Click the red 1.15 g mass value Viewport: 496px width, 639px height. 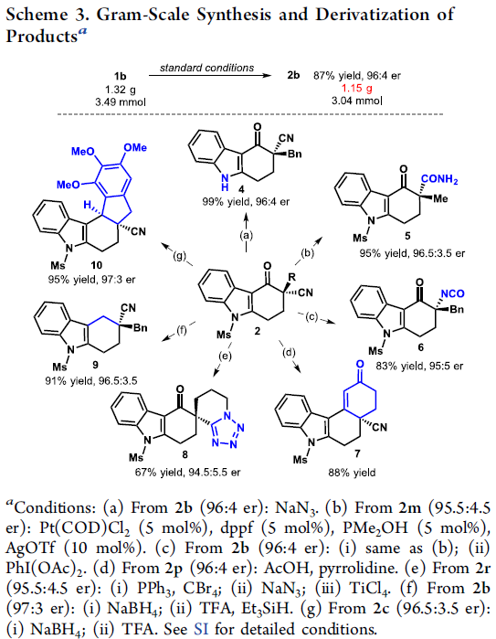(x=357, y=89)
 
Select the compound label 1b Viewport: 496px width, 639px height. (x=121, y=76)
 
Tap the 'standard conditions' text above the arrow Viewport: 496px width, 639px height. (x=206, y=68)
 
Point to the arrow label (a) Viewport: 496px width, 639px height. (x=246, y=235)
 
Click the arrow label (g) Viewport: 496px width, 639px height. (x=180, y=256)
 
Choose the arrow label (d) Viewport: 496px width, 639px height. (x=289, y=352)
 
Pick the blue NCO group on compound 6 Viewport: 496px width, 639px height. (x=452, y=293)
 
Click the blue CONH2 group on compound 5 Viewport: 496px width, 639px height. (x=439, y=179)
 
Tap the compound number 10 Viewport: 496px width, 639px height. (x=97, y=265)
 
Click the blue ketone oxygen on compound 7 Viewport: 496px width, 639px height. (x=360, y=364)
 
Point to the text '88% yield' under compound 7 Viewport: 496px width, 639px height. (x=352, y=473)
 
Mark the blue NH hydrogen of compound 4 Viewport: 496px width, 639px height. (x=225, y=187)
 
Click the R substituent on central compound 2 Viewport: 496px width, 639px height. (x=292, y=277)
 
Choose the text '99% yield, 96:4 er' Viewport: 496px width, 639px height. (x=246, y=202)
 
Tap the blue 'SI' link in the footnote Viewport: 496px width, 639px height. (x=201, y=628)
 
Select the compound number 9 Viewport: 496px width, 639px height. (x=95, y=364)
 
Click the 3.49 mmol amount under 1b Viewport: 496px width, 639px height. (x=121, y=101)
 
